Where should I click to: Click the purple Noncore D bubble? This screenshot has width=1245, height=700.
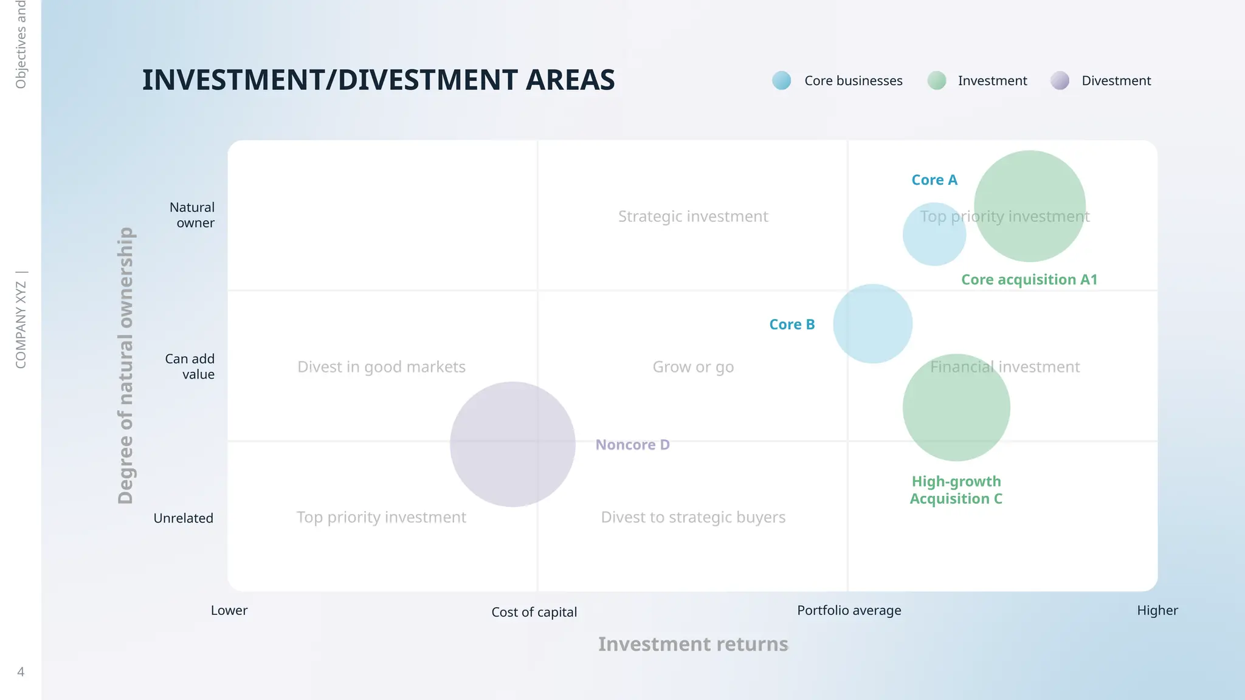(x=512, y=444)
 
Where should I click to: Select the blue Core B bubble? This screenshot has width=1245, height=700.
(x=872, y=324)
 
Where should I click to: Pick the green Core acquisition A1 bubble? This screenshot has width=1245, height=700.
(x=1030, y=206)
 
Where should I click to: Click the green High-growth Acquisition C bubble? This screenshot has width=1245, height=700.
(x=956, y=408)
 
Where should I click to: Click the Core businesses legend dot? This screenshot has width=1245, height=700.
(x=782, y=80)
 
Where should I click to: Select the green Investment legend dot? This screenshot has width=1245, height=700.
(x=937, y=80)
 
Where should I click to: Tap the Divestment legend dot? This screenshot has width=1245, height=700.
(x=1060, y=80)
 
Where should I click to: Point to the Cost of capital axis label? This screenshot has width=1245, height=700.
(x=534, y=612)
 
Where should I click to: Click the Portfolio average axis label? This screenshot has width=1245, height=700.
(x=849, y=610)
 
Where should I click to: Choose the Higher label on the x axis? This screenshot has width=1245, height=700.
(x=1157, y=610)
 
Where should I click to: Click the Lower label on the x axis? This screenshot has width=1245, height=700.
(x=229, y=610)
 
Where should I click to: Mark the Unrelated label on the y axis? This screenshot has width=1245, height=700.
(x=183, y=518)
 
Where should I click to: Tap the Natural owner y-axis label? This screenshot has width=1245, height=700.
(x=192, y=215)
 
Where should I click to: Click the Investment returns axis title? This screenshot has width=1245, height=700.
(x=693, y=644)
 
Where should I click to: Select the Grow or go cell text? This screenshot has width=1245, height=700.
(x=693, y=367)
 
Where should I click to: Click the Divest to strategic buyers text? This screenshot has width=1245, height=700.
(x=693, y=517)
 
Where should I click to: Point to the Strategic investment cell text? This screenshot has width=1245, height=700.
(x=693, y=216)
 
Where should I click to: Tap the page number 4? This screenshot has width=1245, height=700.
(x=21, y=671)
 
